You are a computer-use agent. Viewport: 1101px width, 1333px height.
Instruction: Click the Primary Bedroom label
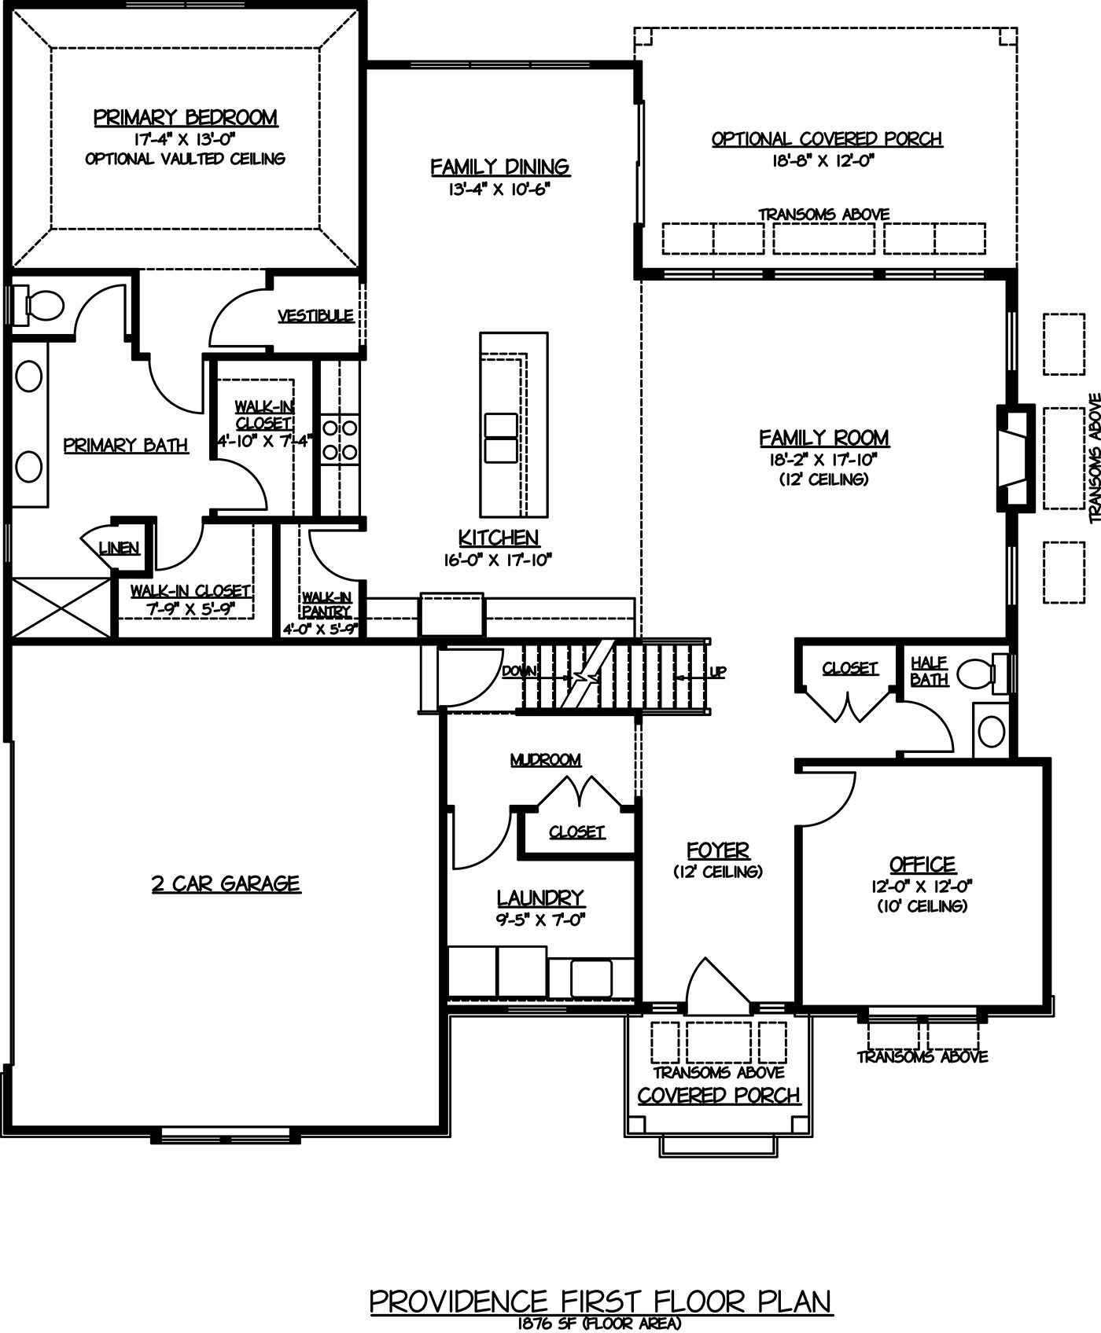186,118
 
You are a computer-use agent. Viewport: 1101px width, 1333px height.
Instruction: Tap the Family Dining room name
500,167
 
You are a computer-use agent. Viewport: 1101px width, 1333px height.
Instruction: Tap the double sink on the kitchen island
501,437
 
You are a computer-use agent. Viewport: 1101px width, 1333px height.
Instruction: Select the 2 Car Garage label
226,884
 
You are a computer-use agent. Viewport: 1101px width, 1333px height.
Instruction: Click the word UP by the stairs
717,673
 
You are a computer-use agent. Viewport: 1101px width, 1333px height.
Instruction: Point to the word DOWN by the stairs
520,671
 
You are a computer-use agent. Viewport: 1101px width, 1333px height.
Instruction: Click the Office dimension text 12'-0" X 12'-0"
922,886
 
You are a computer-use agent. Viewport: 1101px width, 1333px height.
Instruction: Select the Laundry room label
539,898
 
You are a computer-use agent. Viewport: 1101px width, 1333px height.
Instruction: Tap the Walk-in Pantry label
326,604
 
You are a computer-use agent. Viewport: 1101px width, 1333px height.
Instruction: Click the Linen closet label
120,549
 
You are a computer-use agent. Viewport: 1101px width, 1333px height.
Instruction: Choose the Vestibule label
315,316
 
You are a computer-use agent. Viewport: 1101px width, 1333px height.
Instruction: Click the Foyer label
718,850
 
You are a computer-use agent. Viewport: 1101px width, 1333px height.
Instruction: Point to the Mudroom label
546,760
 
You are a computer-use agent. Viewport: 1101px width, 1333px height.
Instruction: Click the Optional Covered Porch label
827,139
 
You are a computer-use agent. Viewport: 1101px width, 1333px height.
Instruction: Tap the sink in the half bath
992,731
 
